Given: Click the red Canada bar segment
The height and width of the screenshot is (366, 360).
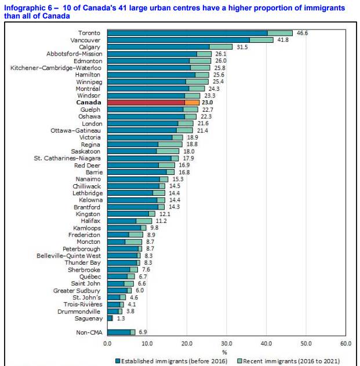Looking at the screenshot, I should coord(146,102).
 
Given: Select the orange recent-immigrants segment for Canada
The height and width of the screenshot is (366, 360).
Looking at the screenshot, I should coord(192,102).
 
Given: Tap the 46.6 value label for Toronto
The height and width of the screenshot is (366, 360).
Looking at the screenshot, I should coord(303,34).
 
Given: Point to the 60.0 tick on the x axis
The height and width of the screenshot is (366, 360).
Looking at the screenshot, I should coord(346,343).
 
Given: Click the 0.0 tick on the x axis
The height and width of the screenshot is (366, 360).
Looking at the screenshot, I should coord(107,343).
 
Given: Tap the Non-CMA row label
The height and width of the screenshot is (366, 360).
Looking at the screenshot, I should coord(89,332).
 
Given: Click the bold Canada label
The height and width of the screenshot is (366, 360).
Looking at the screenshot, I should coord(89,102).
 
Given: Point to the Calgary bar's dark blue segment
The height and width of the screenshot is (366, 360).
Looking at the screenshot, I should coord(158,47).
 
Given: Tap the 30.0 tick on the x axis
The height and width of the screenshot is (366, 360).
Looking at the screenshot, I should coord(227,343).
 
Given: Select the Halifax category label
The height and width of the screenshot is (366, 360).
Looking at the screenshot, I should coord(90,221).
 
